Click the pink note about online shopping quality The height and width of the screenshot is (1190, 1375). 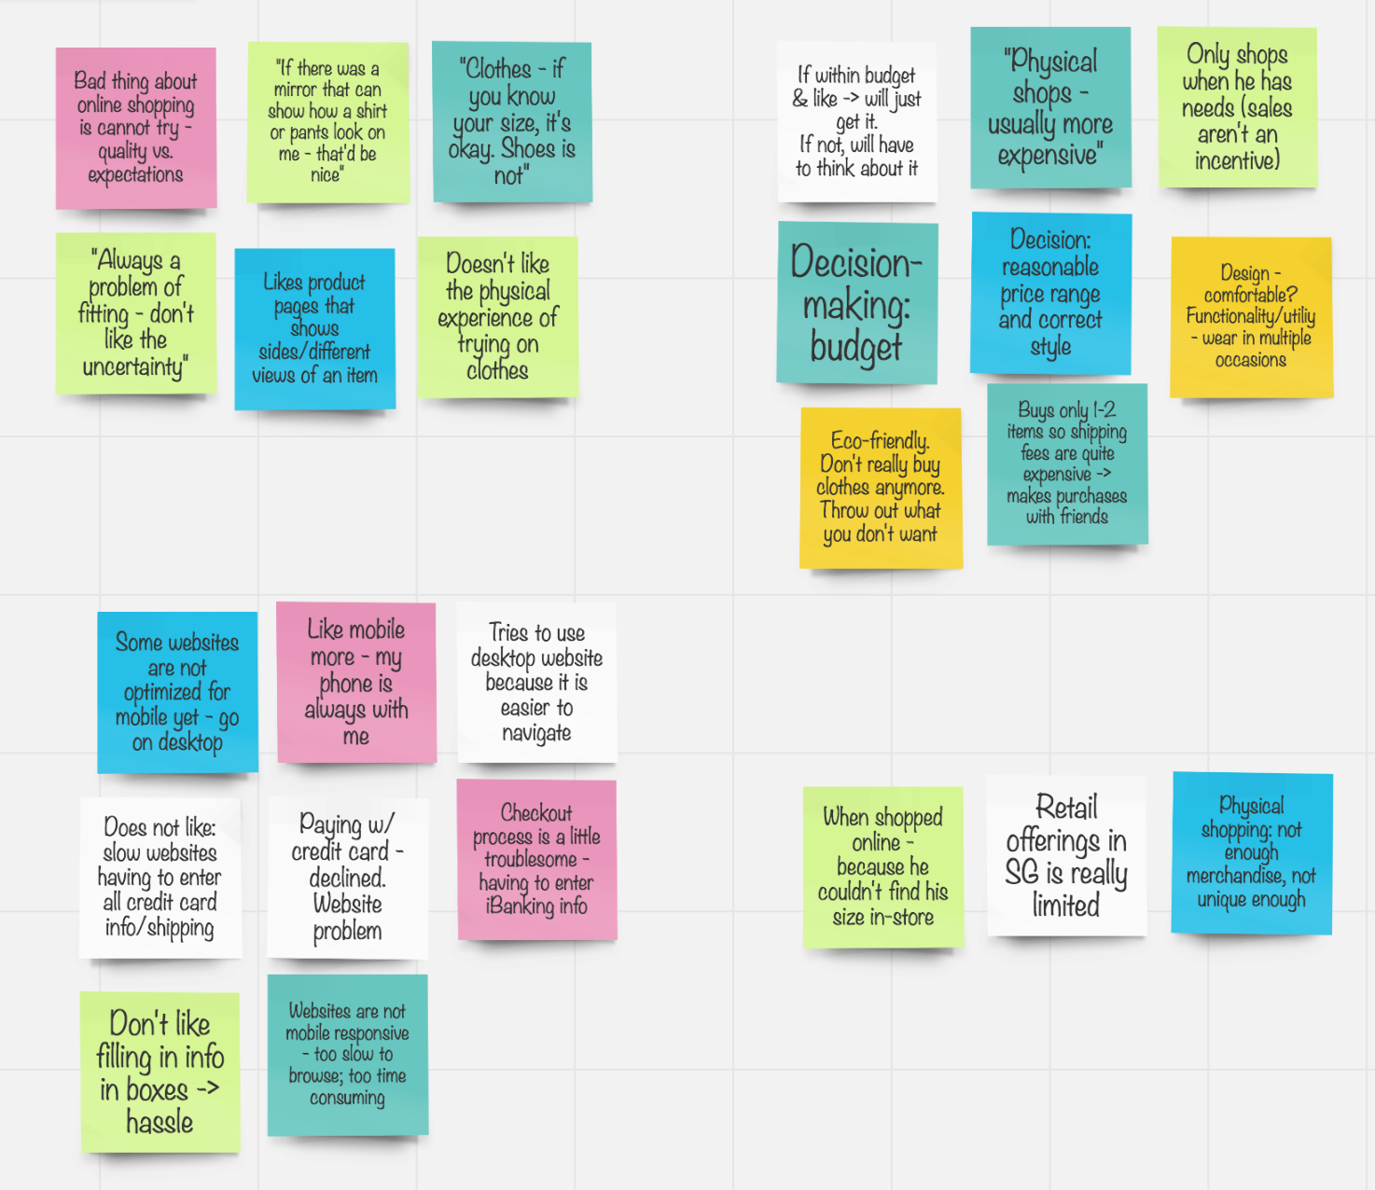tap(136, 128)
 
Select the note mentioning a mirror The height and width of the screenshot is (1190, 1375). tap(327, 122)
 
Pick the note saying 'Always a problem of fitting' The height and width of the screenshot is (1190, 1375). tap(136, 313)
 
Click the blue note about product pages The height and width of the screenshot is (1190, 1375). tap(314, 328)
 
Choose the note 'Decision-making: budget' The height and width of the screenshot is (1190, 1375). tap(856, 303)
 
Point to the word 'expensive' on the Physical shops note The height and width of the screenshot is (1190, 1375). tap(1049, 155)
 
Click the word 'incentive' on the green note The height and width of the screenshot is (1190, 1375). tap(1237, 160)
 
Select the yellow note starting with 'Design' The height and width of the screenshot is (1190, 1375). tap(1251, 317)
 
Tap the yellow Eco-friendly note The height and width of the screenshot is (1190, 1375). tap(881, 488)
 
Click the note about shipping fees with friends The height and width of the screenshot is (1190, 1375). tap(1067, 464)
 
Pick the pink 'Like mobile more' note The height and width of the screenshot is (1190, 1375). tap(356, 683)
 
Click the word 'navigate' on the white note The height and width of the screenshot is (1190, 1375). tap(536, 733)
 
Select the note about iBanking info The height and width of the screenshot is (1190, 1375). tap(536, 860)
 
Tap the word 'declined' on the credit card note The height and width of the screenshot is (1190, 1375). tap(347, 878)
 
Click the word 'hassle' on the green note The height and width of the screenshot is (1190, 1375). tap(160, 1122)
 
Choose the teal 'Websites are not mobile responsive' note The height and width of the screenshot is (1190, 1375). tap(347, 1055)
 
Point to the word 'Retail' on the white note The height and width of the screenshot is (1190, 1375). tap(1066, 807)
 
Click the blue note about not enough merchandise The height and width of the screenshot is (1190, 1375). tap(1251, 853)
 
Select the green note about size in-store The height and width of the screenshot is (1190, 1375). tap(882, 867)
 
